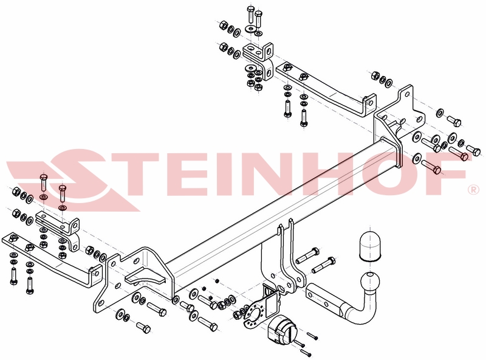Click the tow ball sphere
(370, 282)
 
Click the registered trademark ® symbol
(473, 190)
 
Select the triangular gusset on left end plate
(145, 276)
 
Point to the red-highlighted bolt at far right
(459, 153)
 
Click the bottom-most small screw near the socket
(306, 352)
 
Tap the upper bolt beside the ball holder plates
(307, 255)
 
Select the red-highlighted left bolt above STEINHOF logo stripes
(43, 182)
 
